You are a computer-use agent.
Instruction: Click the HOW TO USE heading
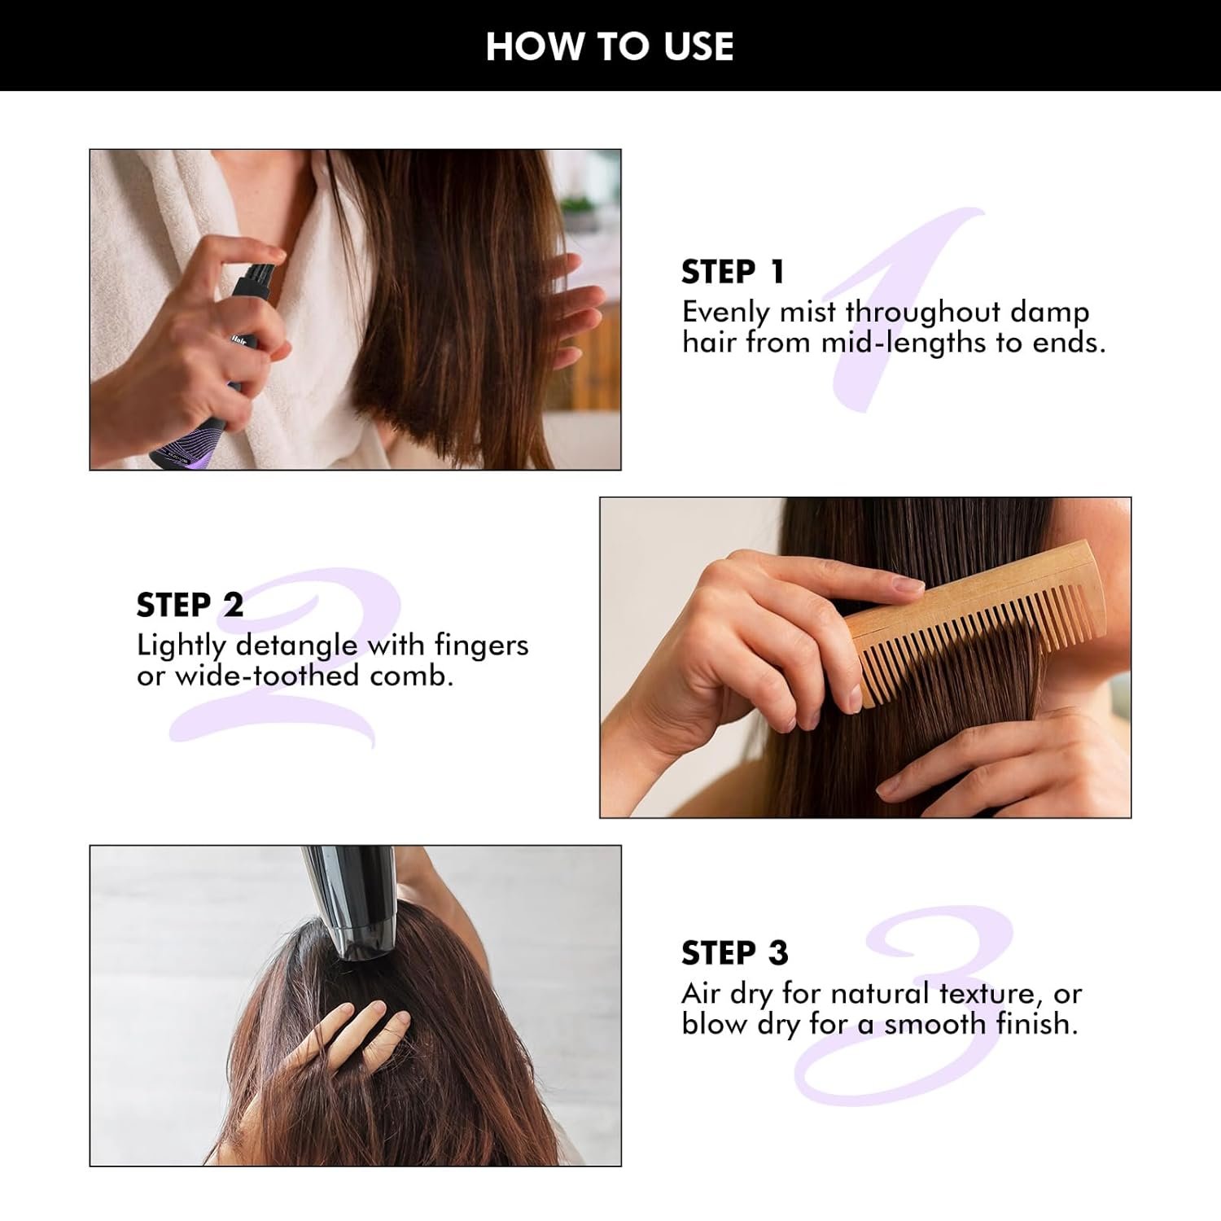[610, 46]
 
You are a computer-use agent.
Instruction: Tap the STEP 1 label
[733, 272]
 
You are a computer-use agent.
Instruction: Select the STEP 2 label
[190, 605]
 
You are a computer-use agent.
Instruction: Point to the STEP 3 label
[735, 952]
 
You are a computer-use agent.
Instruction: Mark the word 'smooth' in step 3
[935, 1024]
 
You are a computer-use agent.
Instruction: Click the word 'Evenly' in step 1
[725, 313]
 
